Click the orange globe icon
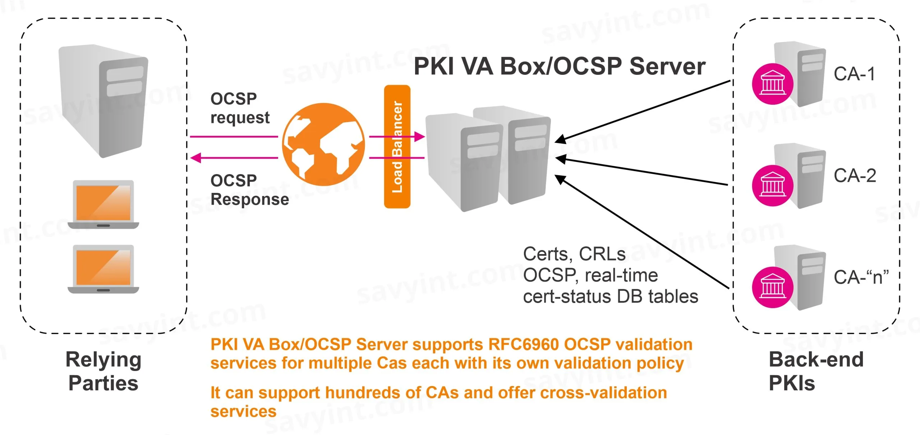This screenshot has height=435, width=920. click(323, 144)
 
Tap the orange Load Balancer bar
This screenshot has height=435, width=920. click(397, 146)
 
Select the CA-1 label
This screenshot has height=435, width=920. click(854, 74)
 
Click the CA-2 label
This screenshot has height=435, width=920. click(855, 176)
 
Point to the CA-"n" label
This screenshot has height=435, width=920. click(861, 277)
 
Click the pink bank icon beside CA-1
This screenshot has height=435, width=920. click(773, 84)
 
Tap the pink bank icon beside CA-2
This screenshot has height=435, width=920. click(773, 185)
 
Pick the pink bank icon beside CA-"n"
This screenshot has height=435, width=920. click(773, 287)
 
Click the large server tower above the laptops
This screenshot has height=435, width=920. click(103, 101)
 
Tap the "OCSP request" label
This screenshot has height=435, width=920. click(240, 108)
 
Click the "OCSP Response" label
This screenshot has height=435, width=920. click(249, 190)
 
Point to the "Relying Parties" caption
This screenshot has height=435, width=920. click(103, 371)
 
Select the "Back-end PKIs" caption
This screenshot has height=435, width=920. click(816, 371)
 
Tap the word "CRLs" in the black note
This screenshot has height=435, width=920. click(602, 254)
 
